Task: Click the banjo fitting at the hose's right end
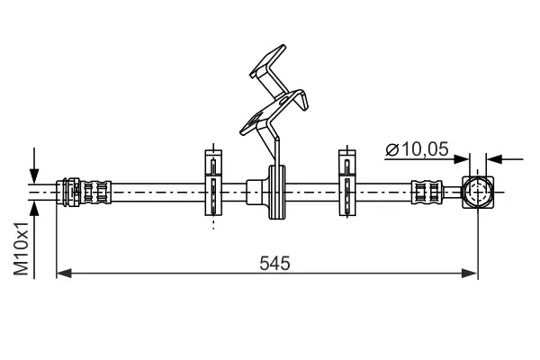[477, 192]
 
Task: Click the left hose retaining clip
[212, 185]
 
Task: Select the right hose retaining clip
[346, 185]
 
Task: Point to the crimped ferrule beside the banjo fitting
[427, 192]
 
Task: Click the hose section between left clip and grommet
[236, 191]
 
